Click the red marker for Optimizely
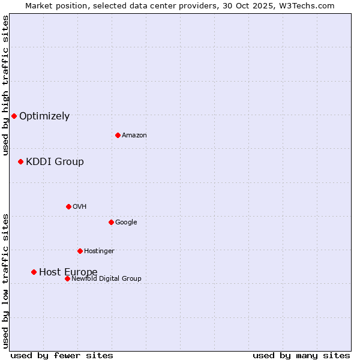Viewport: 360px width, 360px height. [x=14, y=116]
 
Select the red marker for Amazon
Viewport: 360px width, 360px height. [x=118, y=135]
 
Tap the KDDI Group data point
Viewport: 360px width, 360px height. [x=20, y=161]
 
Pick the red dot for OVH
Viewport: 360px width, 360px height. [x=68, y=206]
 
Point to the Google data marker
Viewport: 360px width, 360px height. [x=111, y=222]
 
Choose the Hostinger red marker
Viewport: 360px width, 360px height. [x=80, y=251]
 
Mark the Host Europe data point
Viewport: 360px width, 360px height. [x=34, y=272]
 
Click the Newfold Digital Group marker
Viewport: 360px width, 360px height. [x=67, y=278]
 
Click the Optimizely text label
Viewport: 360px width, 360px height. [x=44, y=116]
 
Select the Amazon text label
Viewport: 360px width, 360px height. [x=134, y=136]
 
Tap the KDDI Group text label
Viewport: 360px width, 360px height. [x=55, y=162]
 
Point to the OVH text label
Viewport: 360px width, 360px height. [x=80, y=207]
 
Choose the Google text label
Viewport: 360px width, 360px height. [x=126, y=223]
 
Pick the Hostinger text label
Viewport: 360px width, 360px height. [x=99, y=251]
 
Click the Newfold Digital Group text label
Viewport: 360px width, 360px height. [x=106, y=279]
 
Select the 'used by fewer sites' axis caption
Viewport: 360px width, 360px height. [x=62, y=355]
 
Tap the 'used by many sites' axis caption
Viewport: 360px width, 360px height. [x=301, y=355]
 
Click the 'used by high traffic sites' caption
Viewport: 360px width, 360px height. [x=5, y=85]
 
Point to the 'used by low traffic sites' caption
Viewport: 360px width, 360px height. [x=5, y=281]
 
